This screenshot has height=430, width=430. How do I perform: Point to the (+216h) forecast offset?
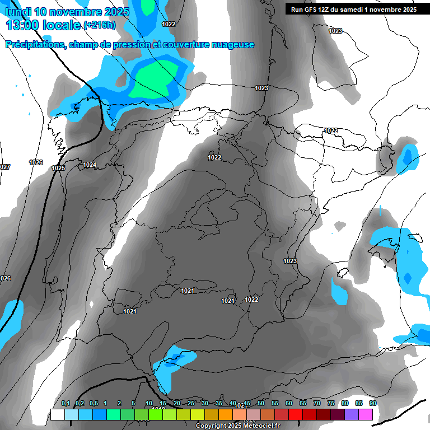coord(99,25)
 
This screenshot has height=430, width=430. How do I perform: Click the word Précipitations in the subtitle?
coord(34,45)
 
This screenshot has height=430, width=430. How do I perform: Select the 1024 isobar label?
coord(90,165)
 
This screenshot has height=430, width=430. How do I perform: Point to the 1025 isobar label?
coord(58,168)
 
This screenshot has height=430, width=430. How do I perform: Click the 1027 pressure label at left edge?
coord(4,167)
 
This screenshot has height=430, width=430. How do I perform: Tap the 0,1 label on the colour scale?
coord(66,404)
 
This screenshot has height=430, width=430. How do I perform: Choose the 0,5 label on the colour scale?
coord(93,404)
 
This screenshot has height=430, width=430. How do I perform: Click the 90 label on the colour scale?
coord(372,404)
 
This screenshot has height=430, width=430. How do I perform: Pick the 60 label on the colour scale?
coord(289,404)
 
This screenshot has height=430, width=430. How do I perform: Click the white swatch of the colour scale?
coord(57,415)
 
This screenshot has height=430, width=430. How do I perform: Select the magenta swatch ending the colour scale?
coord(366,415)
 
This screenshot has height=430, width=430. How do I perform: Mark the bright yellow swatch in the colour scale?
coord(197,415)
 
